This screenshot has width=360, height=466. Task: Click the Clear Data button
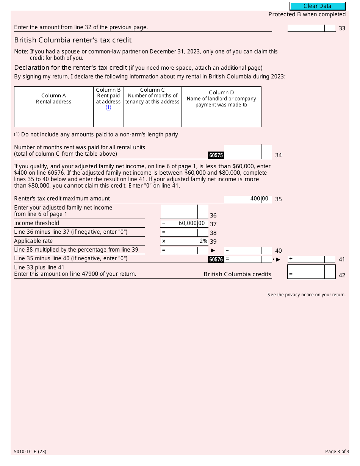pos(318,6)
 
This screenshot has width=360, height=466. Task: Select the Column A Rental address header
pos(54,99)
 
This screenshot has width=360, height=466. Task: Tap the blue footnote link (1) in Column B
pos(108,108)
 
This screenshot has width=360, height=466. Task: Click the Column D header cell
pos(221,99)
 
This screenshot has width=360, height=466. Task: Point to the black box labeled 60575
pos(216,155)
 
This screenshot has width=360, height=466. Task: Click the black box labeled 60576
pos(216,260)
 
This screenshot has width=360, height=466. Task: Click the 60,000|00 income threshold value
pos(191,224)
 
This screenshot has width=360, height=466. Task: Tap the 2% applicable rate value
pos(203,241)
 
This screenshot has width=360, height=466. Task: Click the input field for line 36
pos(179,211)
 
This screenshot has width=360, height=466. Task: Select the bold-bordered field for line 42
pos(306,272)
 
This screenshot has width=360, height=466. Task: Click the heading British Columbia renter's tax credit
pos(73,40)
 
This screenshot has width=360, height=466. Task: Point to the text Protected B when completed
pos(307,14)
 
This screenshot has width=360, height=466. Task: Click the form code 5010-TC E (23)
pos(30,452)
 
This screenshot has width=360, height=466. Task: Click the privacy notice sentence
pos(306,295)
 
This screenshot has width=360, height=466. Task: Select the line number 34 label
pos(279,155)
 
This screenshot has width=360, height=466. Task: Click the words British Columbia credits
pos(238,274)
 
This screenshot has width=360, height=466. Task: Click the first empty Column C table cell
pos(152,117)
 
